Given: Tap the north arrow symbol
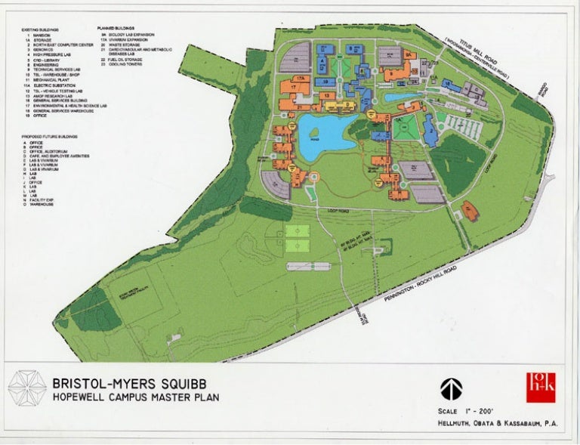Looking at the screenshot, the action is [x=451, y=388].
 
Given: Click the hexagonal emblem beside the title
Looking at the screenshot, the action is [x=27, y=388].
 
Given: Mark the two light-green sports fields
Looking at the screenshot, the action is [x=296, y=239].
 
